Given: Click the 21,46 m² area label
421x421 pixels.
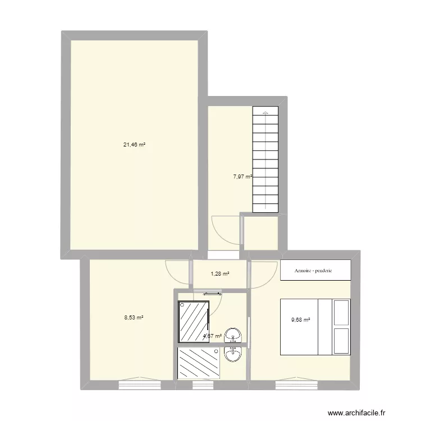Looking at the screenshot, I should click(135, 144).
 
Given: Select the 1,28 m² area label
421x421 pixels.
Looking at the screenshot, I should click(220, 274).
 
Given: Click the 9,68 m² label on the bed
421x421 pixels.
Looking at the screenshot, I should click(300, 321).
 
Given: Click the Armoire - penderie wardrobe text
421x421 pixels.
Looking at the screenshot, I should click(313, 271).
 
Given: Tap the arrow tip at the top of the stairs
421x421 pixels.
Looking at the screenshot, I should click(266, 113).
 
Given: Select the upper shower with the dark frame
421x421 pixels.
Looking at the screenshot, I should click(193, 321).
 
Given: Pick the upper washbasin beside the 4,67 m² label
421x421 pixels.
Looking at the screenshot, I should click(233, 336).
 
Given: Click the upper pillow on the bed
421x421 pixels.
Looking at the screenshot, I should click(341, 313).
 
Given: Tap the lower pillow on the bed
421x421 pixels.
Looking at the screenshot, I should click(341, 342).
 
